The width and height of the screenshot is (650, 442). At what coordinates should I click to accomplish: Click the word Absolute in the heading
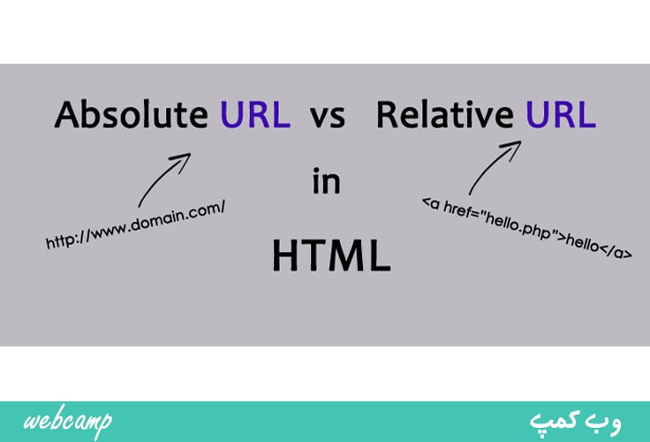(x=131, y=114)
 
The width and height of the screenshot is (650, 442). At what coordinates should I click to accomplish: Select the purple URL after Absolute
(x=255, y=114)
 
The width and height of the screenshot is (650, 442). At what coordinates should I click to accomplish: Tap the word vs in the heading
(x=328, y=117)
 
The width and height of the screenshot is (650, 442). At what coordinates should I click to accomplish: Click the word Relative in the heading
(x=445, y=114)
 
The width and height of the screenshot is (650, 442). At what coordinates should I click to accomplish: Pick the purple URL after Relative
(x=561, y=114)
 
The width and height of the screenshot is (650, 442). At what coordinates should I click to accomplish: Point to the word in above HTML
(x=327, y=181)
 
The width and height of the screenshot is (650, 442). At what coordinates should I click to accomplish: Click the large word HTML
(x=331, y=255)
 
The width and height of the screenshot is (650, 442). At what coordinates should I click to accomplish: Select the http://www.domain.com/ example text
(x=135, y=225)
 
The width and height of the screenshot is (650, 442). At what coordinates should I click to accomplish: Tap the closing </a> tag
(x=616, y=250)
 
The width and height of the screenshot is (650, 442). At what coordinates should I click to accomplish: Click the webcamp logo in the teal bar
(x=68, y=421)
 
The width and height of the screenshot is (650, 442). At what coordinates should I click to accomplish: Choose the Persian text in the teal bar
(x=575, y=423)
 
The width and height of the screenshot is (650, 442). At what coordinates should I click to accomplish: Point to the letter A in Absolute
(x=67, y=115)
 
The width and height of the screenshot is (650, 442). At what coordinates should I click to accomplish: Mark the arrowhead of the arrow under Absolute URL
(x=184, y=158)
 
